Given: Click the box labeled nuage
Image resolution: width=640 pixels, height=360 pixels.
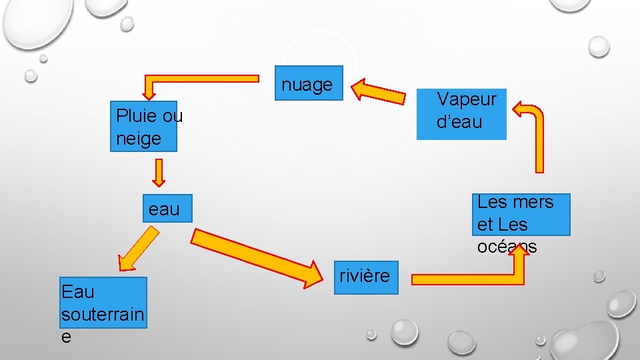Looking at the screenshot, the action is click(x=309, y=83).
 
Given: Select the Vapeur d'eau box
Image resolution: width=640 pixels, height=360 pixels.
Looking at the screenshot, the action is click(x=461, y=114).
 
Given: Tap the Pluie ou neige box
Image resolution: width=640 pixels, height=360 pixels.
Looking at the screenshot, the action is click(x=143, y=127).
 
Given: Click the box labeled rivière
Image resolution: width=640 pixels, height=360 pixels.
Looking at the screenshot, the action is click(x=365, y=275).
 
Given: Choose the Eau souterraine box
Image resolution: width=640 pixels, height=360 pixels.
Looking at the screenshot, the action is click(x=103, y=303).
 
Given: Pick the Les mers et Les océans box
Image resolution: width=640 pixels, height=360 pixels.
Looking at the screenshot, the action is click(x=521, y=214).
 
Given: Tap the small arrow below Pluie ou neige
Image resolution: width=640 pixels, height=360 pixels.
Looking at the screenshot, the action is click(x=159, y=173).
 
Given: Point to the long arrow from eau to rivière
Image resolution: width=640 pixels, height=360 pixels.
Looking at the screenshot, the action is click(x=254, y=257).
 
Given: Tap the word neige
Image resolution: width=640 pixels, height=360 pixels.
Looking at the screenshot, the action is click(x=139, y=139).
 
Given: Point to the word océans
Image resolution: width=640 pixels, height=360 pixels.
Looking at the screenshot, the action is click(x=507, y=247).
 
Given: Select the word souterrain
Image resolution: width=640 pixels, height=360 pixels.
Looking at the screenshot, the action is click(x=103, y=314).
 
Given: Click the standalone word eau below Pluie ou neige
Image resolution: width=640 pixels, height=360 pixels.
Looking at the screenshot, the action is click(x=164, y=209).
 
